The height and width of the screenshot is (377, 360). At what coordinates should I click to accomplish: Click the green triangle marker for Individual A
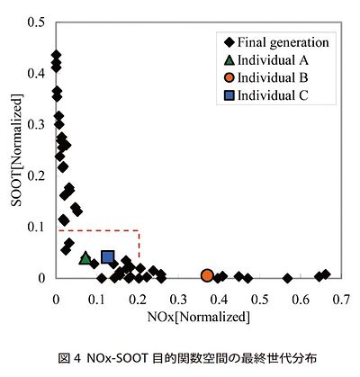point(85,258)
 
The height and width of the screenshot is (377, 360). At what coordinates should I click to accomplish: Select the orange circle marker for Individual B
point(208,275)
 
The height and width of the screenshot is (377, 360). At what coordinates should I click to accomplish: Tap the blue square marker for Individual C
point(108,258)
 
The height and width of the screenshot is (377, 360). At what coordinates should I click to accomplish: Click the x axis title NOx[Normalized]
point(197,316)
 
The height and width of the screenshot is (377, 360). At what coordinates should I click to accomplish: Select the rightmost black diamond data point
point(326,274)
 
